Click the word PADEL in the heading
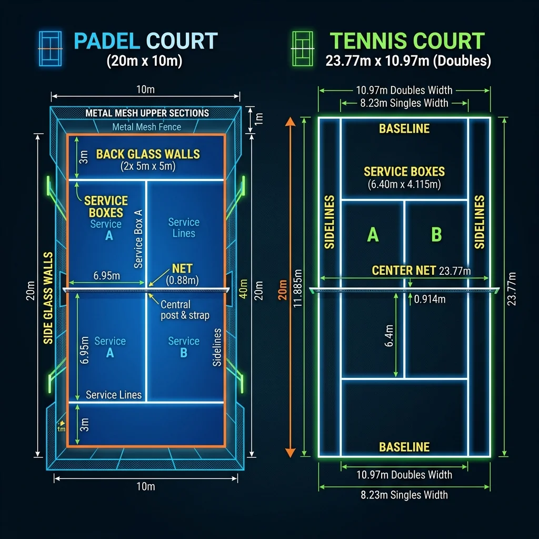(x=107, y=42)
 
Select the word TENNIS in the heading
(x=368, y=42)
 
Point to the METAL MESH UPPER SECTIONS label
(x=147, y=113)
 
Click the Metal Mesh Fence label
(x=146, y=127)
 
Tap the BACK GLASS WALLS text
(x=148, y=154)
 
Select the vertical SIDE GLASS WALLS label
(x=48, y=298)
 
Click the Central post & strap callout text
(x=184, y=310)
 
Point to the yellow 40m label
(x=243, y=288)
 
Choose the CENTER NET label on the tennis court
(x=404, y=271)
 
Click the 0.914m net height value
(x=430, y=300)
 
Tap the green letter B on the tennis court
(x=436, y=234)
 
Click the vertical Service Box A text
(x=138, y=238)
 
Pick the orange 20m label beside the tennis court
(x=283, y=288)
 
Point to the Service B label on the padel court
(x=184, y=347)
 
